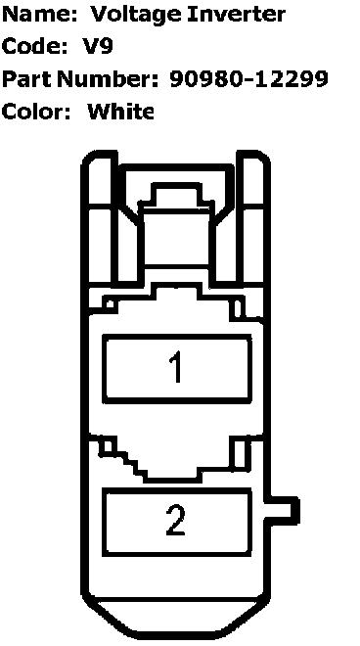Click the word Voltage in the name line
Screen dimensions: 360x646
pyautogui.click(x=136, y=16)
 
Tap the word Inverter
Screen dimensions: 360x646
pyautogui.click(x=236, y=15)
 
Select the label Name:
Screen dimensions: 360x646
pyautogui.click(x=40, y=15)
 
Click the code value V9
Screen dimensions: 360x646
pyautogui.click(x=99, y=46)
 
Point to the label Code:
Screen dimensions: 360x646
pyautogui.click(x=34, y=46)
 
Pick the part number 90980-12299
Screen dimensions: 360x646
pyautogui.click(x=249, y=78)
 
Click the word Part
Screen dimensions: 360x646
pyautogui.click(x=26, y=78)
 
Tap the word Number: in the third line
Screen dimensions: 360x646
pyautogui.click(x=108, y=78)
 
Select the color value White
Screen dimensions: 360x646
pyautogui.click(x=121, y=112)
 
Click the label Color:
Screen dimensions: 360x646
pyautogui.click(x=36, y=112)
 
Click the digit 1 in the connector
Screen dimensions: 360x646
pyautogui.click(x=176, y=367)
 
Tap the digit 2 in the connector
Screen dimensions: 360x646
pyautogui.click(x=176, y=520)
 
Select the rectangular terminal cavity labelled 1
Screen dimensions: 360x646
pyautogui.click(x=177, y=368)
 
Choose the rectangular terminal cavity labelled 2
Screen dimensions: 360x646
pyautogui.click(x=177, y=522)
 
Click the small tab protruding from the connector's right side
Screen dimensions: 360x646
pyautogui.click(x=284, y=511)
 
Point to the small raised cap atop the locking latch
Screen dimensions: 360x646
pyautogui.click(x=176, y=193)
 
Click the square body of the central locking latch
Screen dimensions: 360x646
pyautogui.click(x=176, y=237)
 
